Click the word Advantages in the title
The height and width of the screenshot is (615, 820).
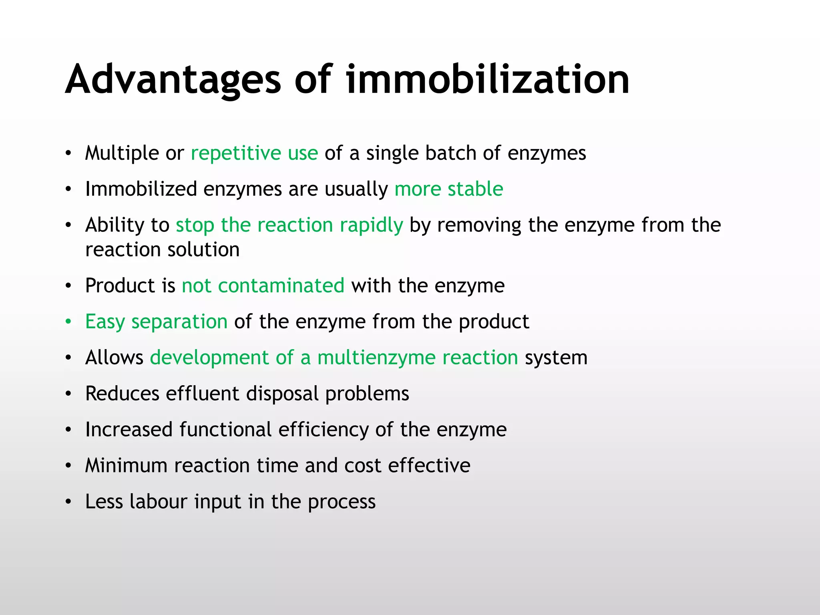coord(173,80)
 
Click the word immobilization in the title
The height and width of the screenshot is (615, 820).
coord(488,80)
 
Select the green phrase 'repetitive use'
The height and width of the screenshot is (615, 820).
coord(254,153)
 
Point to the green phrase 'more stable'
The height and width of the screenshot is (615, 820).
coord(448,189)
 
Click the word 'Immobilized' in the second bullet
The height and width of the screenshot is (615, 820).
coord(141,189)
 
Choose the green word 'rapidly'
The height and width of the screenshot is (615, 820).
coord(371,225)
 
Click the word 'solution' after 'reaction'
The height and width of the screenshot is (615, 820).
coord(203,250)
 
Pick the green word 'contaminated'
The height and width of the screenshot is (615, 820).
coord(281,286)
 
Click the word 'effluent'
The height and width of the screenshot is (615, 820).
coord(203,394)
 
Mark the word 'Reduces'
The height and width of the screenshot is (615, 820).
coord(122,394)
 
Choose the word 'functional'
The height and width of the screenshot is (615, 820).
coord(225,430)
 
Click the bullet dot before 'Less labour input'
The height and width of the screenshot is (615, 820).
coord(68,502)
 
